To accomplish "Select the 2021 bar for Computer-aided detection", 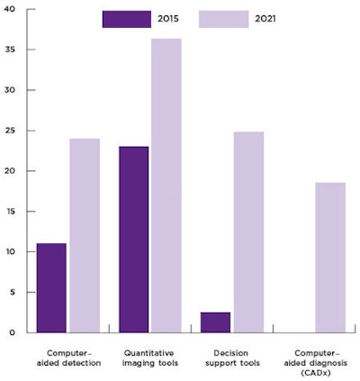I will point(85,235).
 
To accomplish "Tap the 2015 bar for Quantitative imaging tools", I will point(134,240).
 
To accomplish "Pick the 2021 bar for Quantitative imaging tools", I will point(166,186).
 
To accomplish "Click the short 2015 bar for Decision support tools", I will point(216,322).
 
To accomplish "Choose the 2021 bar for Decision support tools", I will point(248,232).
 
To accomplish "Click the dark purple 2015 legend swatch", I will point(126,19).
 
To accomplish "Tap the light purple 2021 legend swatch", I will point(223,19).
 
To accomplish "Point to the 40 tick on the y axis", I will point(10,10).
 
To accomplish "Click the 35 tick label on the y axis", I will point(10,50).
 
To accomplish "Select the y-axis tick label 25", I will point(10,131).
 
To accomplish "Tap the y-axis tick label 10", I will point(10,252).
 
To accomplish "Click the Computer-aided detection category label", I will point(68,358).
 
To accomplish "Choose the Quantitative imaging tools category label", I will point(150,358).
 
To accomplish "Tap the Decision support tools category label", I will point(232,358).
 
